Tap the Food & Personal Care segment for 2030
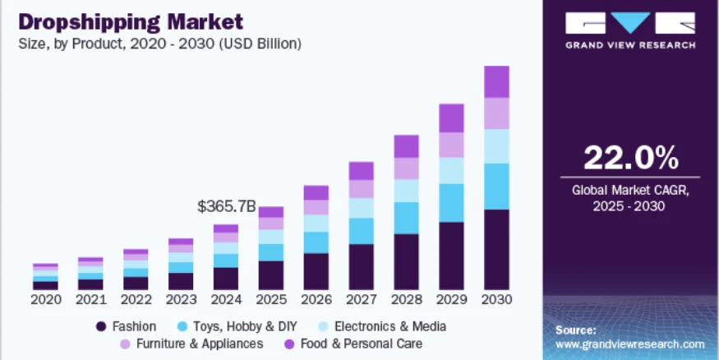coord(496,81)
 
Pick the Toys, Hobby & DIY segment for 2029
coord(451,202)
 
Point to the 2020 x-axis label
coord(46,301)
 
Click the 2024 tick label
coord(226,301)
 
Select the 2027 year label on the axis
coord(361,301)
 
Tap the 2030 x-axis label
coord(496,301)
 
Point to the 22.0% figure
coord(630,157)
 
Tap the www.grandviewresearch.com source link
coord(630,344)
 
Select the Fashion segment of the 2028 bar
coord(406,262)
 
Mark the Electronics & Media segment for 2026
coord(316,223)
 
